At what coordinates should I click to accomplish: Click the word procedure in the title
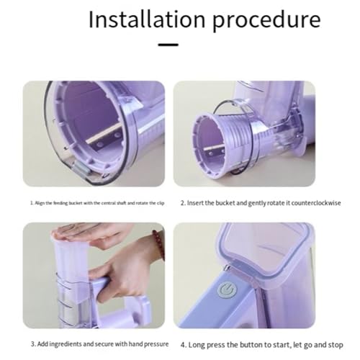pyautogui.click(x=256, y=20)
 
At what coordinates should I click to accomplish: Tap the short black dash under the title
pyautogui.click(x=168, y=45)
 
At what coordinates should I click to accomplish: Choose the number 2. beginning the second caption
pyautogui.click(x=182, y=204)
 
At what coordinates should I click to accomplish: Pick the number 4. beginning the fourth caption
pyautogui.click(x=182, y=343)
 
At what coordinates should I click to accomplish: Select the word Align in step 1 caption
pyautogui.click(x=41, y=204)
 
